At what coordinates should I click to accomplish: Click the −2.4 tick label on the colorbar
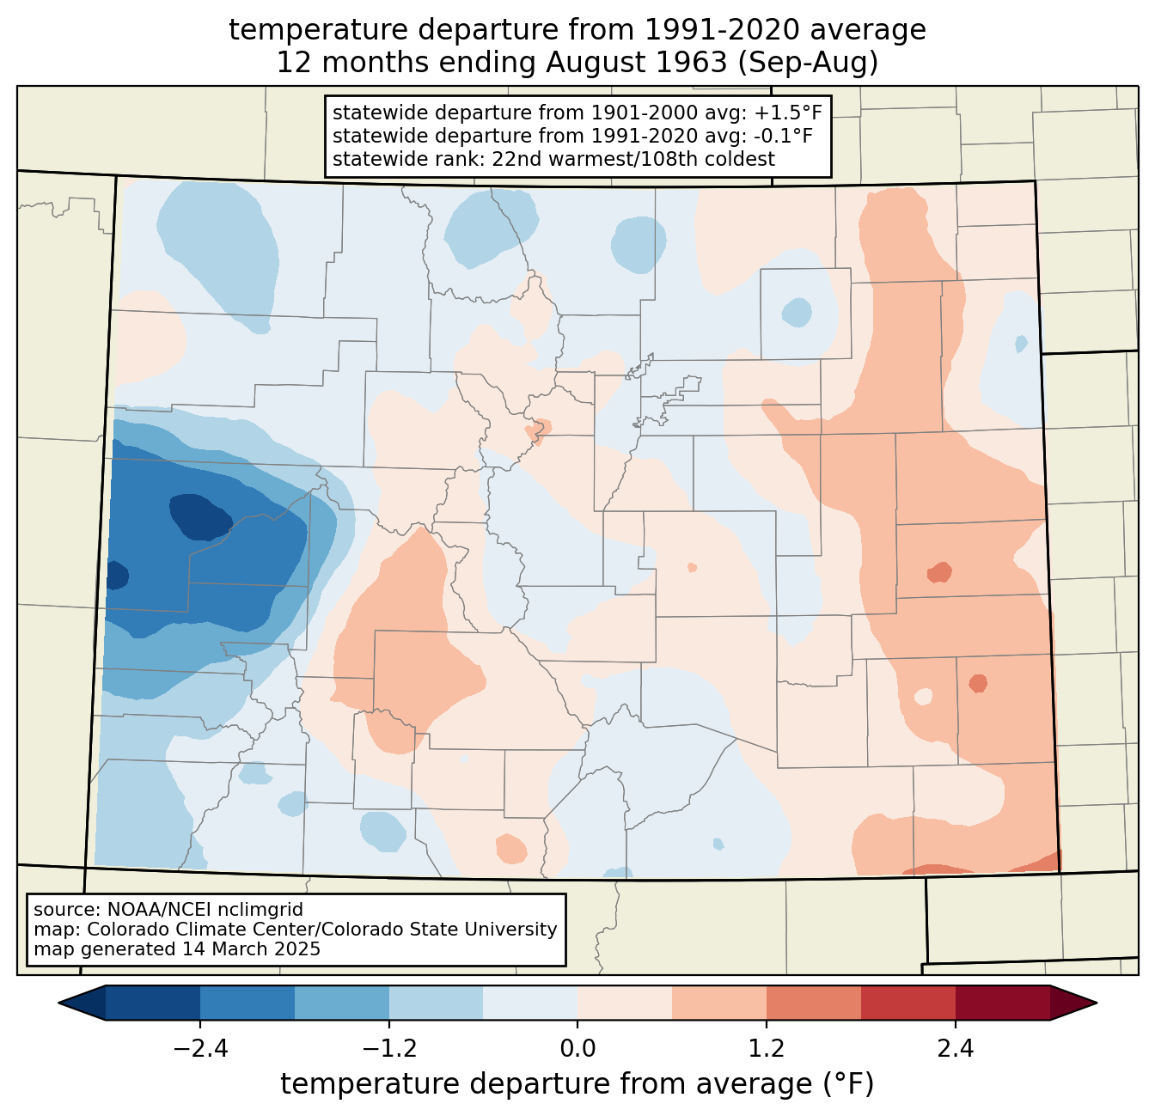coord(200,1049)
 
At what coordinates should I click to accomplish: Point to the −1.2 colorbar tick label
coord(389,1049)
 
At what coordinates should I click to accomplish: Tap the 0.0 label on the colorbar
coord(577,1049)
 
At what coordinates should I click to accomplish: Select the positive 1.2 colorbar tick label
coord(767,1049)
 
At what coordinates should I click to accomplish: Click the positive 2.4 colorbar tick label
coord(956,1049)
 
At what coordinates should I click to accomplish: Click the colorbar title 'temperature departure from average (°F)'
coord(577,1084)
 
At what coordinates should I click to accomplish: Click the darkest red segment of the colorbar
coord(1003,1003)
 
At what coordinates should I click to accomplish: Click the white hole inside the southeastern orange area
coord(923,697)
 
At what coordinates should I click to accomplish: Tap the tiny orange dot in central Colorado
coord(692,568)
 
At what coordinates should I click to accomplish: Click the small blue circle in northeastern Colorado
coord(797,312)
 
